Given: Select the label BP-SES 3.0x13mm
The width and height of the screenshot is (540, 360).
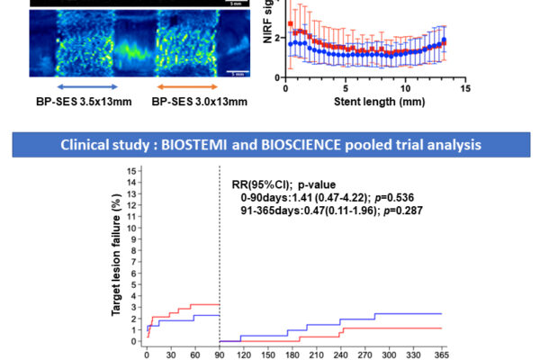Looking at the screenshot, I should pyautogui.click(x=191, y=101).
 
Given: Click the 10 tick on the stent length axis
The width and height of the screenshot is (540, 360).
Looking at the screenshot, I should pyautogui.click(x=404, y=88).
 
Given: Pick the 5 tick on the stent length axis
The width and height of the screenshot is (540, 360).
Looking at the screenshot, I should pyautogui.click(x=346, y=88).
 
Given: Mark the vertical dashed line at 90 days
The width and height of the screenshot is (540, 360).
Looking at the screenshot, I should pyautogui.click(x=220, y=252).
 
